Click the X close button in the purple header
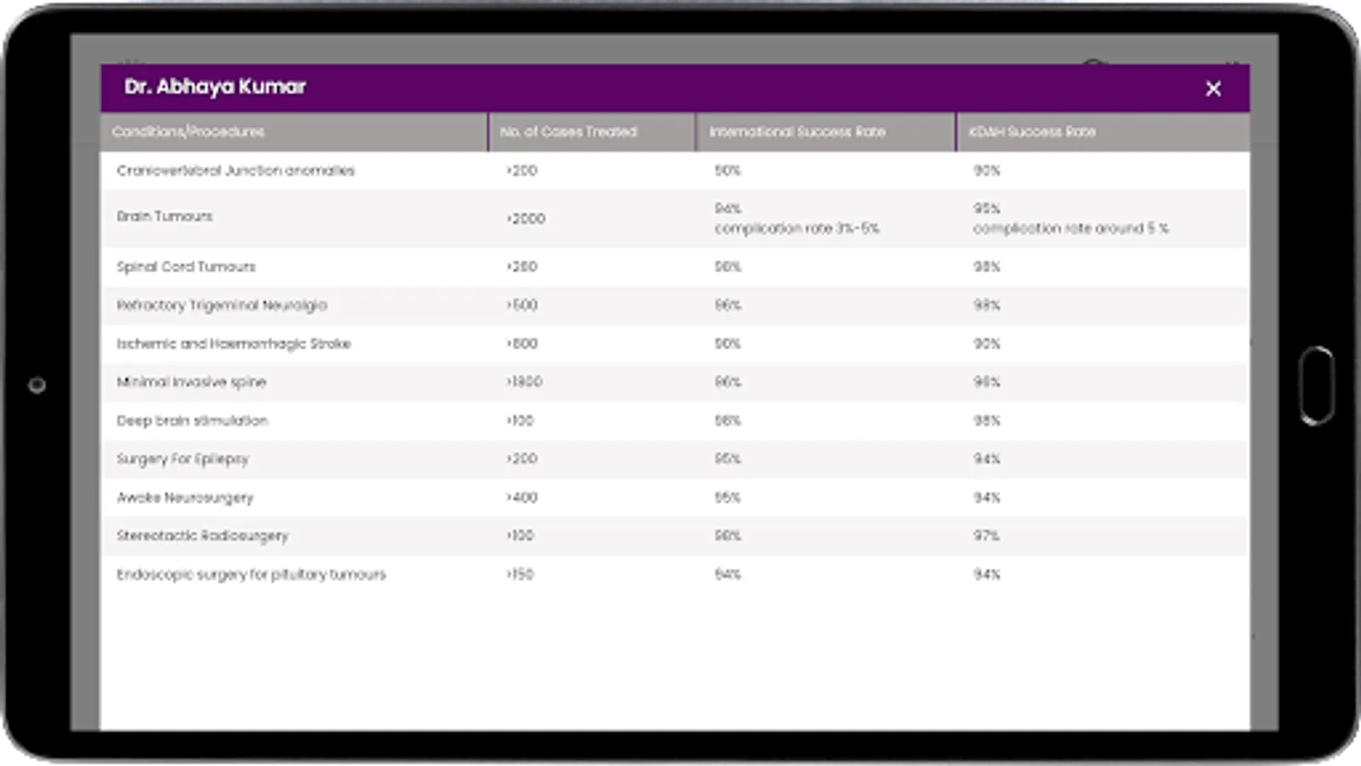tap(1213, 89)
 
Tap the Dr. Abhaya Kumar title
tap(214, 87)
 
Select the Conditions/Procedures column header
tap(188, 132)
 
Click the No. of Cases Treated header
tap(568, 132)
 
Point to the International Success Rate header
tap(797, 132)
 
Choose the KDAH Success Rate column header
tap(1032, 132)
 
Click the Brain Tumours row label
tap(165, 216)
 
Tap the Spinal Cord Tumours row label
tap(186, 266)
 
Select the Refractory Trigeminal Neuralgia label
tap(222, 305)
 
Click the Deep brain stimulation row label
tap(192, 420)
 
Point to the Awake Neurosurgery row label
tap(185, 498)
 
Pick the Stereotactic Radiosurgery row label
tap(202, 536)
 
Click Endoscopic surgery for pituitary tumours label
tap(251, 574)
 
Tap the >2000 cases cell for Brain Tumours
tap(526, 219)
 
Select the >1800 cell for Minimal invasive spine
tap(524, 382)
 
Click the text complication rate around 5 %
tap(1071, 228)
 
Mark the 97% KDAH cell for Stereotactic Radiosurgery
tap(987, 536)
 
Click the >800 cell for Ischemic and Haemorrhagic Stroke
tap(521, 344)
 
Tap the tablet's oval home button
tap(1317, 385)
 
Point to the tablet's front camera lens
tap(37, 386)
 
